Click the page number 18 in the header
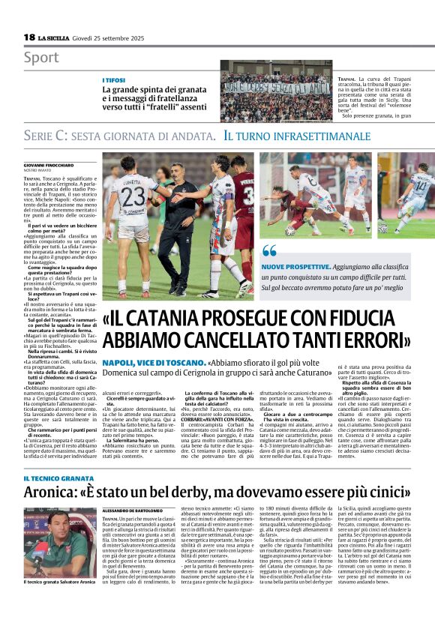tap(29, 37)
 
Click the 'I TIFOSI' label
tap(114, 79)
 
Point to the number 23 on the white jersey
tap(133, 197)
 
